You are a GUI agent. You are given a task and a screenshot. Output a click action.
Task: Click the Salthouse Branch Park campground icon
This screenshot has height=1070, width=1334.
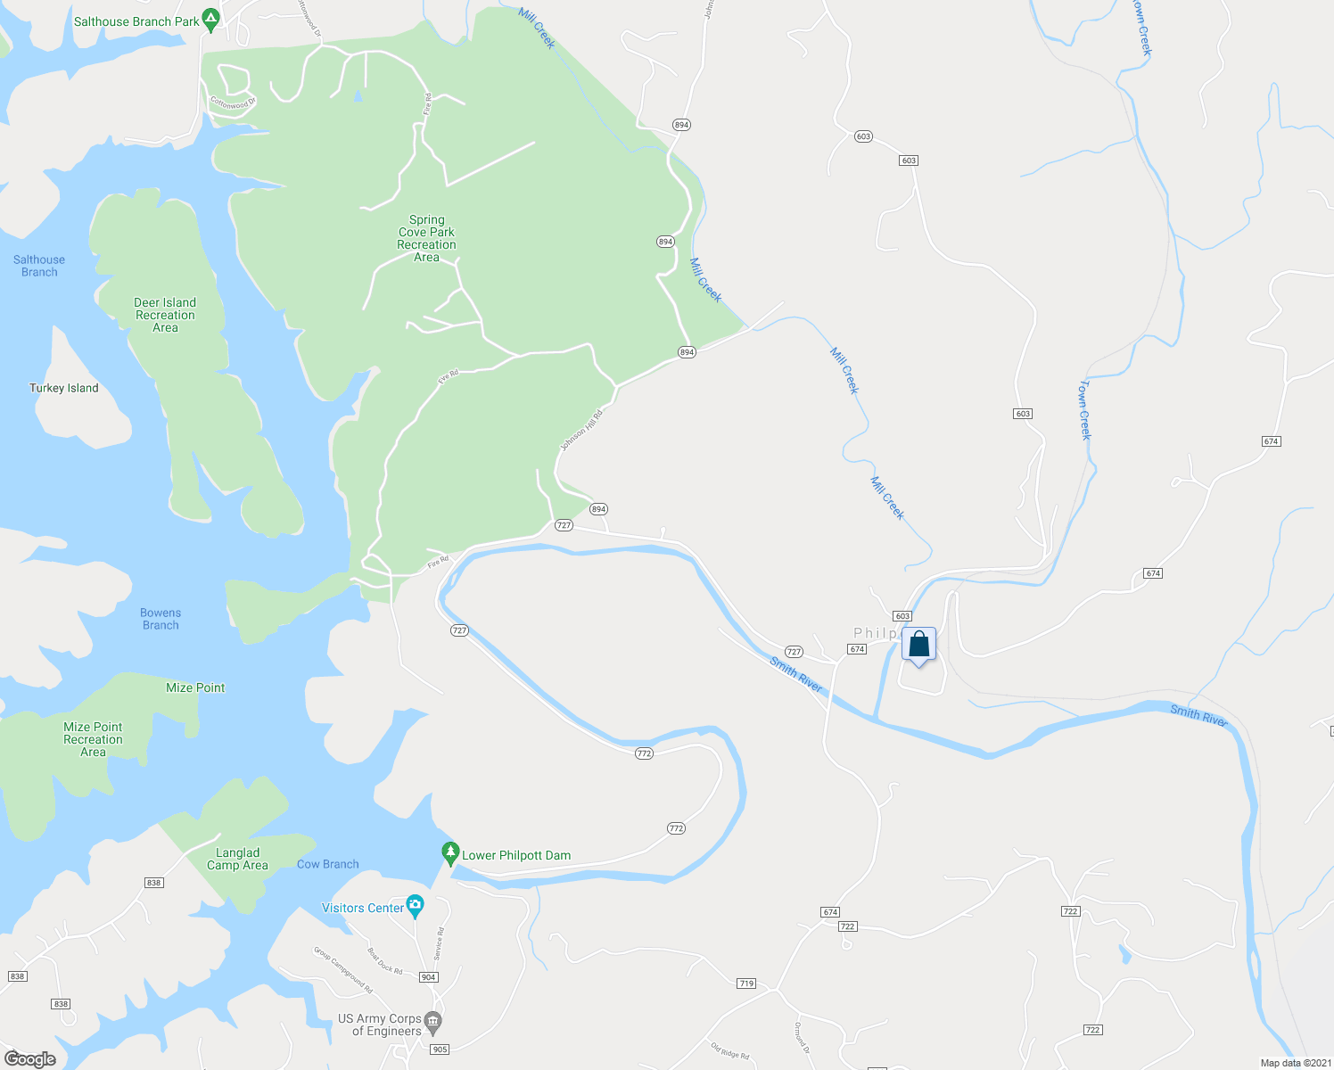point(210,20)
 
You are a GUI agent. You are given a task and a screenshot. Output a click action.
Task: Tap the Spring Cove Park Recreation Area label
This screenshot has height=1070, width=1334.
point(426,238)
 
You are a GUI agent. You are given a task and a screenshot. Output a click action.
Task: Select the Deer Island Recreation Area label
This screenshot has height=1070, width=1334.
point(165,315)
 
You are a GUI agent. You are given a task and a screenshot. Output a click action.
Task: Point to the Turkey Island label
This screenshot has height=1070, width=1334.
point(64,388)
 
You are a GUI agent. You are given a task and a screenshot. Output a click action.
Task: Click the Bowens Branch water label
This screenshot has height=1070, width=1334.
point(161,619)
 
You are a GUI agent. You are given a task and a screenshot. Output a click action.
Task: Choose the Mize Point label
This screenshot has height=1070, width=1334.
point(195,687)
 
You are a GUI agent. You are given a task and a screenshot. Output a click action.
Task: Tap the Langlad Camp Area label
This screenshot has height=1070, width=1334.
point(237,859)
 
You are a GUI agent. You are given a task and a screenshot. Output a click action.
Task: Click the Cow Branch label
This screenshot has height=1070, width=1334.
point(327,864)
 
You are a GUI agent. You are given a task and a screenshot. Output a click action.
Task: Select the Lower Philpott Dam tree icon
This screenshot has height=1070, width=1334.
point(450,853)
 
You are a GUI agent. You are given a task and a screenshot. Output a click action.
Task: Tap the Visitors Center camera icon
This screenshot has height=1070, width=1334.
point(415,907)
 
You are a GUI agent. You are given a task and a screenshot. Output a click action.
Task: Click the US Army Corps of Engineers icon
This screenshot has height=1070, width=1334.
point(433,1020)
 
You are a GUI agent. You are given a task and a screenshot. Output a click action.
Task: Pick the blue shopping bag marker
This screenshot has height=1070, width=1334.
point(918,645)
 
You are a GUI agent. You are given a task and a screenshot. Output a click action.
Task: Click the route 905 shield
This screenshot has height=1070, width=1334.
point(440,1049)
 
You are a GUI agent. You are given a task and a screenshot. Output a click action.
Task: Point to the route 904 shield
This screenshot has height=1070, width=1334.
point(429,977)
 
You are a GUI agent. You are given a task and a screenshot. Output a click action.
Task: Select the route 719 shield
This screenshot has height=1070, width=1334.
point(746,984)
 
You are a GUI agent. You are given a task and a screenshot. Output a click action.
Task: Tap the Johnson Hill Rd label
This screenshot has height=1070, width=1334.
point(581,430)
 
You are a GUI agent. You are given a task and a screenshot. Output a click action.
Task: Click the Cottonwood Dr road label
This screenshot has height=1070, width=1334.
point(233,103)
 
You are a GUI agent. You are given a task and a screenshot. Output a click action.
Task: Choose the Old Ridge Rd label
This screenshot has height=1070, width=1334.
point(730,1051)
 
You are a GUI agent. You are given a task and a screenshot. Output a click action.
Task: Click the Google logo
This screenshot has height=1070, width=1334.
point(30,1058)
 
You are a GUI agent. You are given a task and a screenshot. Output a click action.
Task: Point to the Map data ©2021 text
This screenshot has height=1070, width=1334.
point(1295,1063)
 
